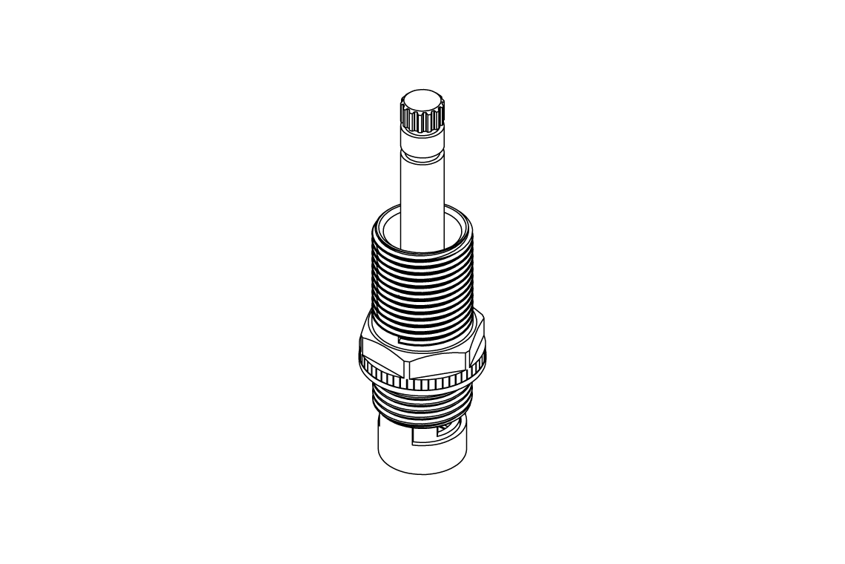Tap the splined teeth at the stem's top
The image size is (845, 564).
point(421,120)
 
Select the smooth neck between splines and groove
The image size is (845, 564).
point(422,141)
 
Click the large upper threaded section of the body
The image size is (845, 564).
point(422,289)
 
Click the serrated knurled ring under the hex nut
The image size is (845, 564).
point(422,384)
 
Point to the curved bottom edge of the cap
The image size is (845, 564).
point(422,473)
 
